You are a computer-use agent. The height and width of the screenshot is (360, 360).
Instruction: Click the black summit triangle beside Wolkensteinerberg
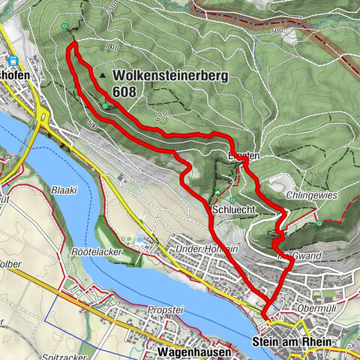tap(102, 76)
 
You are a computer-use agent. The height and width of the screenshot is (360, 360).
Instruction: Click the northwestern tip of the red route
tap(73, 46)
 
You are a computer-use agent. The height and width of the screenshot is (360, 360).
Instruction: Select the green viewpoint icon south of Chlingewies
tap(320, 223)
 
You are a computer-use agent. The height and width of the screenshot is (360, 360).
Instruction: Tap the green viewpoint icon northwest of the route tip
tap(65, 26)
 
